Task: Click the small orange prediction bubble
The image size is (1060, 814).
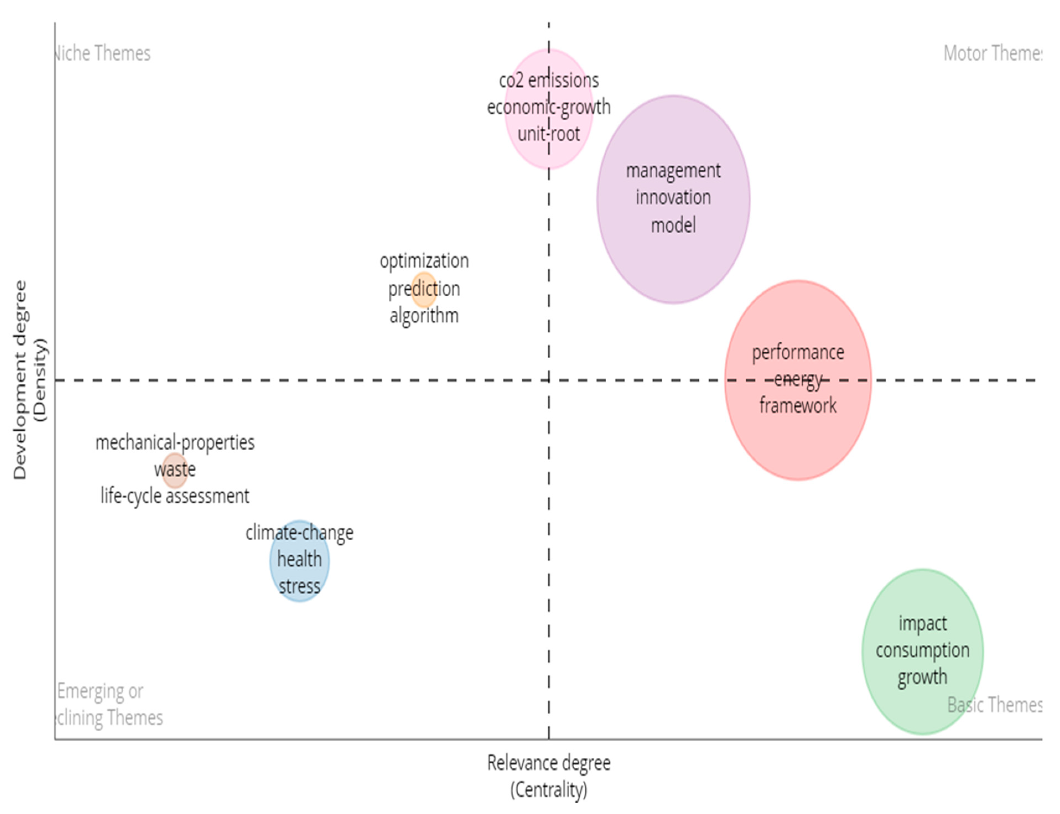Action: tap(424, 290)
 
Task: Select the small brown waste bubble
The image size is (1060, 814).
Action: tap(174, 470)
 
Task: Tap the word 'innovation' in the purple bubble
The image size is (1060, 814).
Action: tap(673, 198)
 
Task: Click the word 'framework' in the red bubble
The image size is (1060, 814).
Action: tap(797, 406)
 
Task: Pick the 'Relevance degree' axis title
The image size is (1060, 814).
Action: tap(549, 763)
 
